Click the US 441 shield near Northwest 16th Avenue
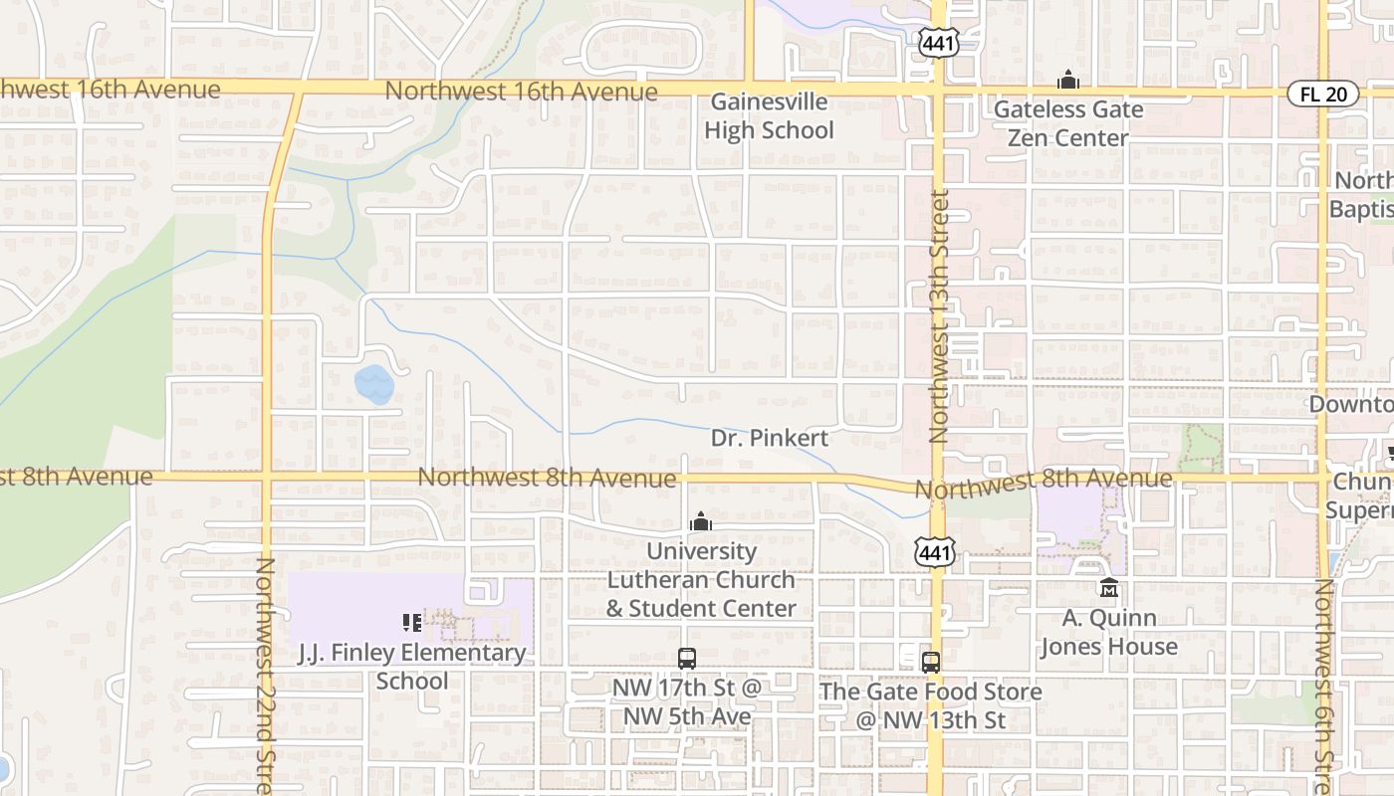click(x=938, y=42)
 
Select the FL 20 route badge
click(x=1322, y=95)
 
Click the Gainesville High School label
click(x=769, y=116)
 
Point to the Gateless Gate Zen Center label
click(x=1068, y=123)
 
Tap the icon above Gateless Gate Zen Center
click(x=1068, y=80)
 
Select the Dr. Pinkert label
click(x=770, y=438)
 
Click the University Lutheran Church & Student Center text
click(x=701, y=579)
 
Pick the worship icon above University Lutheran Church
click(x=701, y=521)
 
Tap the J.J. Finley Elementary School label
click(x=412, y=667)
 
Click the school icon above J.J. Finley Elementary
click(x=412, y=623)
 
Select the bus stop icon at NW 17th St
click(x=687, y=658)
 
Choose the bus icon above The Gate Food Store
click(x=931, y=663)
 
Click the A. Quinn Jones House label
click(x=1109, y=632)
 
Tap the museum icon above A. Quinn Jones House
click(x=1109, y=588)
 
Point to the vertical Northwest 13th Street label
click(x=939, y=316)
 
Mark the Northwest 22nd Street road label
click(x=265, y=677)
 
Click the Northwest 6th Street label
click(x=1324, y=687)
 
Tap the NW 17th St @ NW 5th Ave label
click(x=687, y=701)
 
